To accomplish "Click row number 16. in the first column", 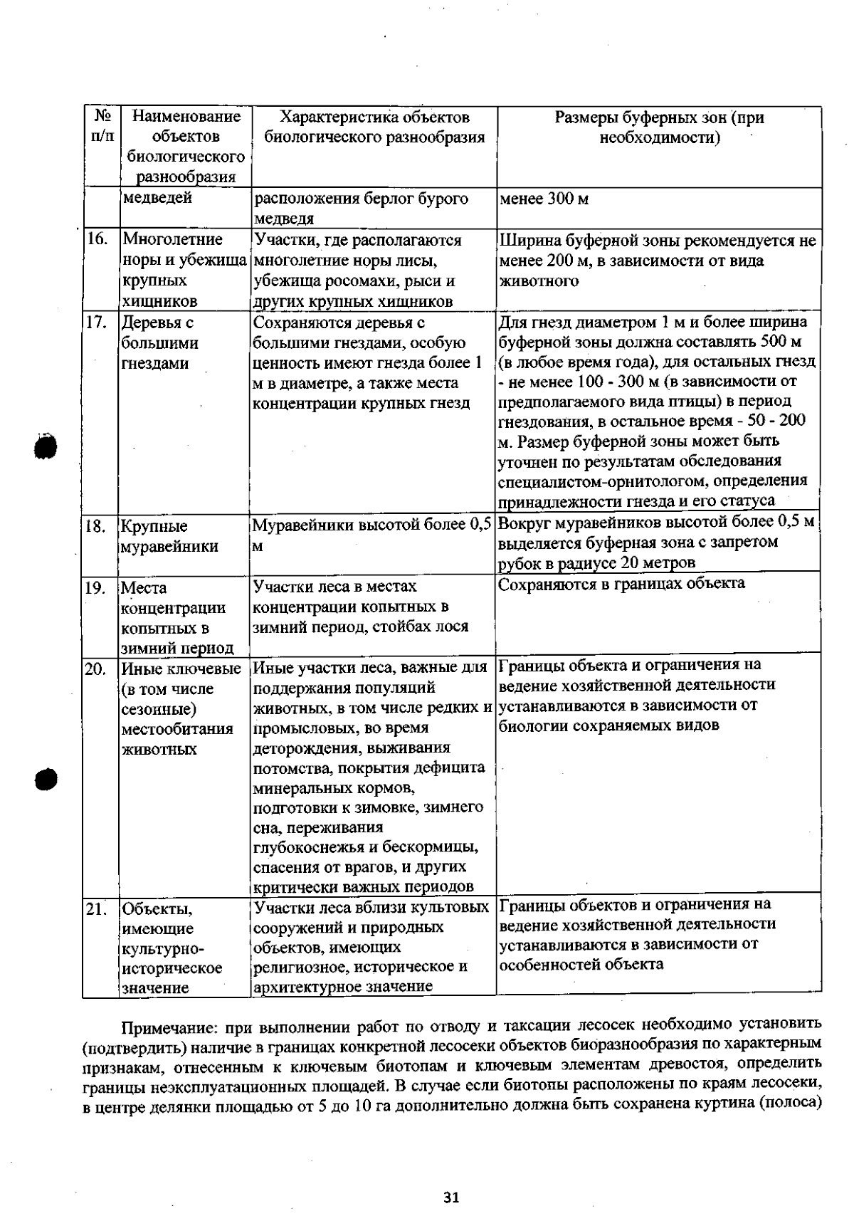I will pyautogui.click(x=97, y=239).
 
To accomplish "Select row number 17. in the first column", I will pyautogui.click(x=97, y=322).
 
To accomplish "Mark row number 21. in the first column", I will pyautogui.click(x=97, y=909).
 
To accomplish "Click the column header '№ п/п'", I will pyautogui.click(x=102, y=125).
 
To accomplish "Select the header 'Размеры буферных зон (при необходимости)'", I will pyautogui.click(x=659, y=127).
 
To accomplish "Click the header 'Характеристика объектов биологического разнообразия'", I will pyautogui.click(x=374, y=127).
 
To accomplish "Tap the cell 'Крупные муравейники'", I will pyautogui.click(x=169, y=536).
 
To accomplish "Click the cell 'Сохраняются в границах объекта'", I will pyautogui.click(x=621, y=584).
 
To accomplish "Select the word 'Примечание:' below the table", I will pyautogui.click(x=170, y=1026).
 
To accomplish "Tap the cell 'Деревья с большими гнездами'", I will pyautogui.click(x=159, y=342).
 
